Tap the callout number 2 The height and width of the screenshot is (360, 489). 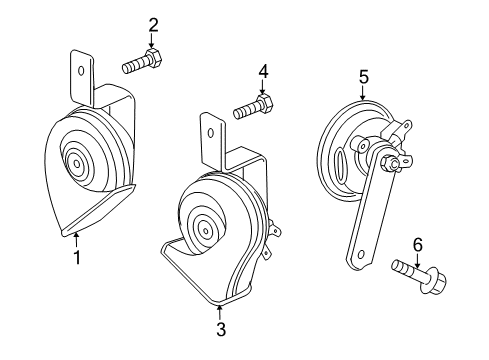153,25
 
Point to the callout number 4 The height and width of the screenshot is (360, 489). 264,71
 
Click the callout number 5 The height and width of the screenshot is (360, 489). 364,75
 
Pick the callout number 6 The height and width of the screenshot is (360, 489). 417,243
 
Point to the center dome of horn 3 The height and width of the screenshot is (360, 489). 204,228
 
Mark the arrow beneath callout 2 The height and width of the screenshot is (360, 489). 153,42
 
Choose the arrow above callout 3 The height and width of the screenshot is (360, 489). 219,307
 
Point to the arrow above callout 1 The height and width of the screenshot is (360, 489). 76,241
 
